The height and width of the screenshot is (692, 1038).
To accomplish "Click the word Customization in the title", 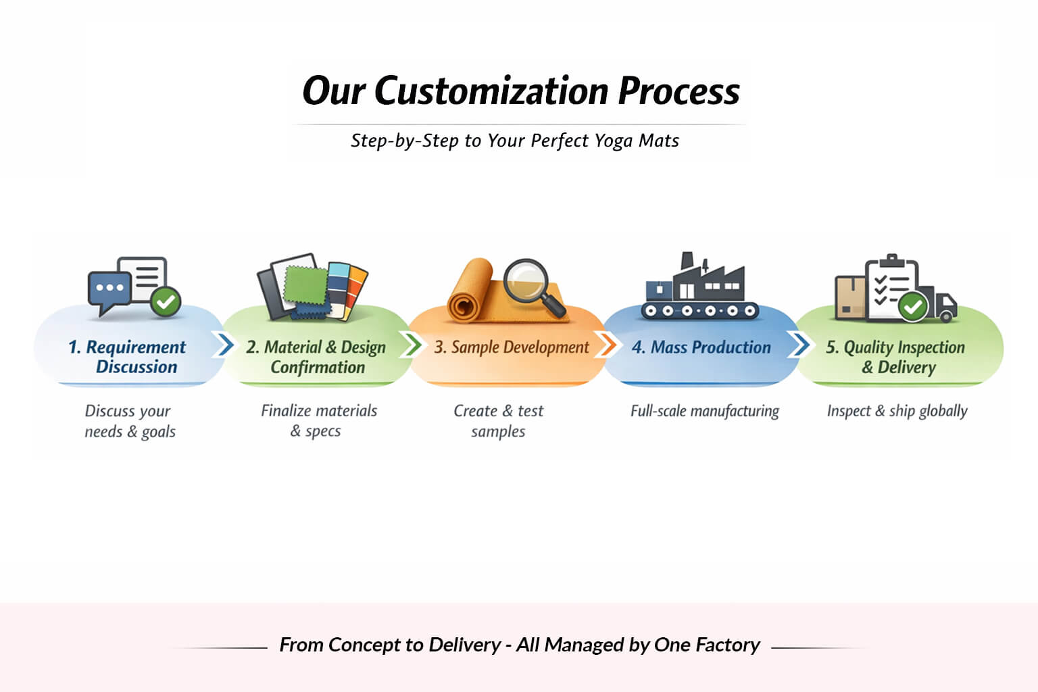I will coord(491,91).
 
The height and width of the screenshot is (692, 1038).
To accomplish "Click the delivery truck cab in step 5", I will coord(945,304).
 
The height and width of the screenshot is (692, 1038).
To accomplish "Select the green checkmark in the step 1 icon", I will coord(165,301).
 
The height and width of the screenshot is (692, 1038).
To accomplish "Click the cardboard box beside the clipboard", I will coord(849,297).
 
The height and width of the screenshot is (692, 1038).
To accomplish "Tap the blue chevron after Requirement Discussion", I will coord(222,345).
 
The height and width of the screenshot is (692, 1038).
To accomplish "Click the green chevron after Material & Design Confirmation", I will coord(411,345).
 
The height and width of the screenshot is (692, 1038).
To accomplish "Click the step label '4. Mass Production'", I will coord(701,347).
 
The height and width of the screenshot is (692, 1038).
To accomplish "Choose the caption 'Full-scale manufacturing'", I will coord(704,411).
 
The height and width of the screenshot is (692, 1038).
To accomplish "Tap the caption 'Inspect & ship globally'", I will coord(897,411).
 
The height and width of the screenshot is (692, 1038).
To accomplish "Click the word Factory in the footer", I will coord(728,645).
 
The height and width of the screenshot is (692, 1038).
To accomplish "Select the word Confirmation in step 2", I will coord(318,368).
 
